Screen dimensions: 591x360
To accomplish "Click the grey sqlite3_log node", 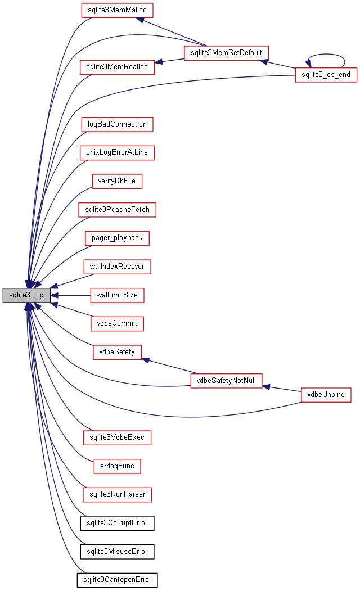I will coord(26,295).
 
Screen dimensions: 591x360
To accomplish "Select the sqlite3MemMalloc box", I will coord(117,10).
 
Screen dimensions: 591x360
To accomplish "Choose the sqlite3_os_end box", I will coord(326,75).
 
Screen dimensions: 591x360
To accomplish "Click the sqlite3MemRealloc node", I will coord(117,67).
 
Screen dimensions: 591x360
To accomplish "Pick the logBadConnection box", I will coord(117,124).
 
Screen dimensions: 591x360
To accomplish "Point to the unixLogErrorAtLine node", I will coord(117,152).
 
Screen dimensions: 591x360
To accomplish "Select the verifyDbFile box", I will coord(117,181).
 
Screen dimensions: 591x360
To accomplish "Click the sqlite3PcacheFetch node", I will coord(117,210).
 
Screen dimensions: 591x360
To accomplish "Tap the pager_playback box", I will coord(117,238).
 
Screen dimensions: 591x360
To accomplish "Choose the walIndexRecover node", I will coord(117,267).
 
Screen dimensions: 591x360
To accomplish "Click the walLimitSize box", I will coord(117,295).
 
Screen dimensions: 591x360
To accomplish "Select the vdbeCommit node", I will coord(117,323).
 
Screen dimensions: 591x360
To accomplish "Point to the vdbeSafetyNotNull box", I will coord(227,381).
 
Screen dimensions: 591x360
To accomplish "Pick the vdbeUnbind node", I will coord(326,395).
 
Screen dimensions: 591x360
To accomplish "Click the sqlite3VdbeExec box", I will coord(117,437).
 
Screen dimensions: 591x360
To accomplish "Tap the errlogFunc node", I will coord(117,466).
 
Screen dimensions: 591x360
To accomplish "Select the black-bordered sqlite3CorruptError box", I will coord(117,523).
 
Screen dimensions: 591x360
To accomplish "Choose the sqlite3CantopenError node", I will coord(117,580).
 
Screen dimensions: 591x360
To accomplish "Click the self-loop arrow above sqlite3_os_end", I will coord(326,55).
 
